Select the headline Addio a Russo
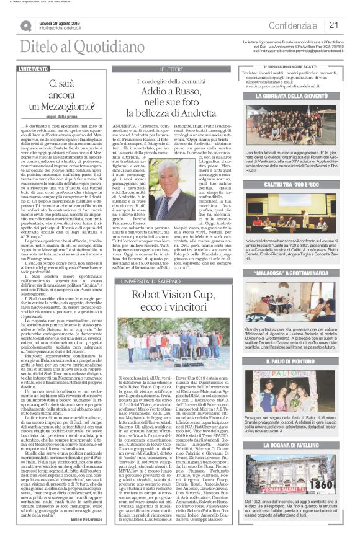pyautogui.click(x=178, y=91)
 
